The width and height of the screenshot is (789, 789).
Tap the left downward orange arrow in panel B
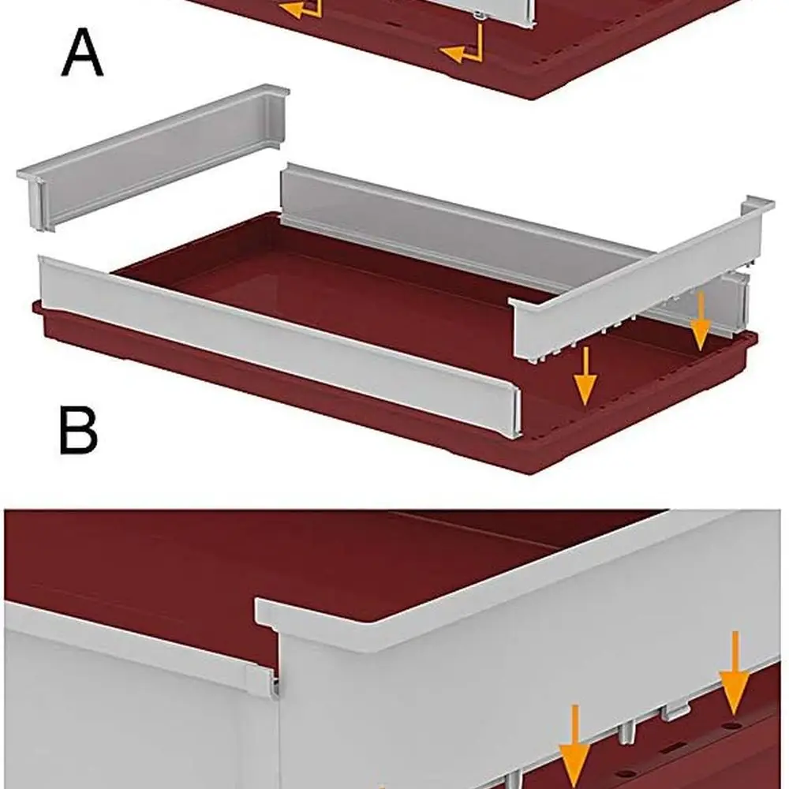[x=585, y=379]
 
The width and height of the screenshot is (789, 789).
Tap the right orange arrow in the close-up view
[x=734, y=671]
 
